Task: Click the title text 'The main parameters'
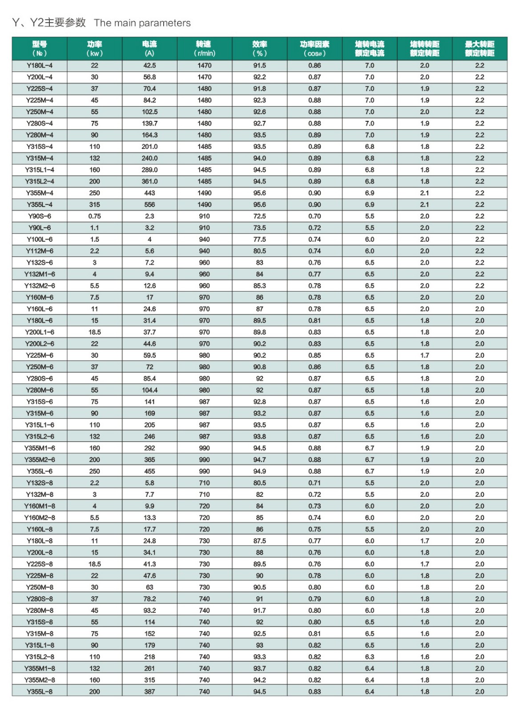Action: coord(142,23)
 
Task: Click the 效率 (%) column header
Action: coord(259,48)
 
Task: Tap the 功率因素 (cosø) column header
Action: coord(314,48)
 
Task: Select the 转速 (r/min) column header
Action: coord(204,48)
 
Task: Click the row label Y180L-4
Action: coord(40,65)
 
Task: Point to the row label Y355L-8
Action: coord(40,691)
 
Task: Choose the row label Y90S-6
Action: coord(40,216)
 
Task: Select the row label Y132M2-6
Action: coord(40,286)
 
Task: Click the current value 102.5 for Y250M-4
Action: coord(149,112)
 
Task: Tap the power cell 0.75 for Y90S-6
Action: coord(94,216)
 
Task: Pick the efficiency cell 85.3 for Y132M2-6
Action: coord(259,286)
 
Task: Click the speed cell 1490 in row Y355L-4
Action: coord(204,204)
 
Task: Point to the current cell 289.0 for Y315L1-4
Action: coord(149,170)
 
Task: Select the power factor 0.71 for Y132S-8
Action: coord(314,483)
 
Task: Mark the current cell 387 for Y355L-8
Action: coord(149,691)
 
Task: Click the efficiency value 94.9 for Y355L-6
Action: coord(259,471)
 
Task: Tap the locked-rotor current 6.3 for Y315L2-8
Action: coord(370,657)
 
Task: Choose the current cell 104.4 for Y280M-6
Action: coord(149,390)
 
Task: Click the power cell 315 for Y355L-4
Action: coord(94,204)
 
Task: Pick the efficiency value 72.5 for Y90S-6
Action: coord(259,216)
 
